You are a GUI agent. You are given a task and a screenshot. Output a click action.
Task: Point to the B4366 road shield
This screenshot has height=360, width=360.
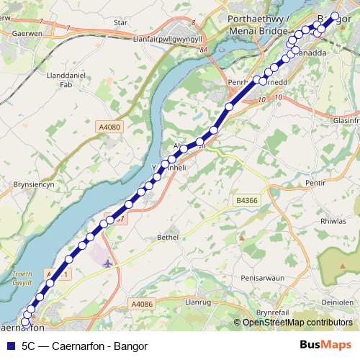click(247, 199)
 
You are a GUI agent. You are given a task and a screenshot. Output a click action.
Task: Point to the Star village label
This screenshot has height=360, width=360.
click(120, 22)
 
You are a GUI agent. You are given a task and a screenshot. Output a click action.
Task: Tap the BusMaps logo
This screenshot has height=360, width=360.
click(325, 346)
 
